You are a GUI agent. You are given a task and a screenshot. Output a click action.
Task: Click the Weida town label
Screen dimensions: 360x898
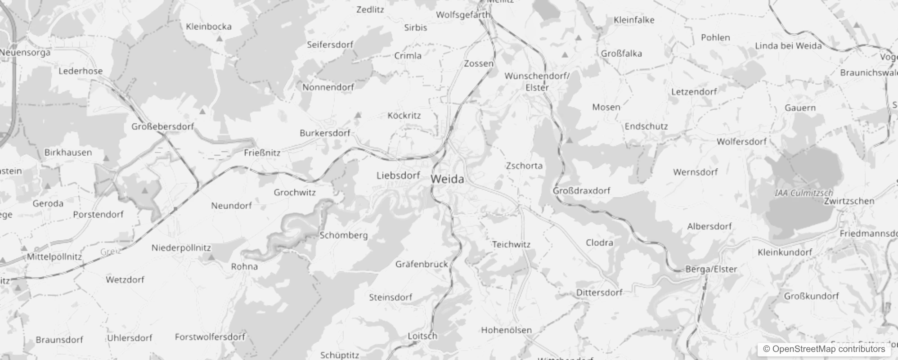tap(447, 179)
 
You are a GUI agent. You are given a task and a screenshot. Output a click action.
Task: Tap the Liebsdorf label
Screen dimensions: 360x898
tap(398, 175)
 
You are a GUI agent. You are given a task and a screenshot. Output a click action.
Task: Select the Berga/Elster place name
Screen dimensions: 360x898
tap(711, 269)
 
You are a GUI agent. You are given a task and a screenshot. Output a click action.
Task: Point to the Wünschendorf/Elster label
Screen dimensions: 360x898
tap(537, 81)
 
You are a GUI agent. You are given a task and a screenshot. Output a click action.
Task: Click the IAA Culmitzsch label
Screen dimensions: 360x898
tap(804, 193)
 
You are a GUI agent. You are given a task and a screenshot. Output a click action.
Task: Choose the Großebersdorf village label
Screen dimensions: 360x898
tap(162, 126)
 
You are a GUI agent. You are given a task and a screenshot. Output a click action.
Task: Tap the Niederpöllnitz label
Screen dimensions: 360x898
tap(181, 248)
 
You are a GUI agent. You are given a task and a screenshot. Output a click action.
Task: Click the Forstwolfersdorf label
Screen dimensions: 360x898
tap(210, 337)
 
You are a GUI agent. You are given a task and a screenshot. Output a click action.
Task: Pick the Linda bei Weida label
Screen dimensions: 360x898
tap(788, 46)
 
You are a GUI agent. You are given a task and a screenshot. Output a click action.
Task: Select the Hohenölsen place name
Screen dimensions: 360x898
tap(506, 330)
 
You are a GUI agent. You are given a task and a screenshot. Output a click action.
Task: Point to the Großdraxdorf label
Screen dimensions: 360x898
tap(581, 191)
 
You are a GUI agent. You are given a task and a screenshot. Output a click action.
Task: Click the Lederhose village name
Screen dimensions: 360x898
tap(81, 71)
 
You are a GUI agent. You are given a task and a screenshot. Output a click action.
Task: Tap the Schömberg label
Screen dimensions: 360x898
tap(343, 235)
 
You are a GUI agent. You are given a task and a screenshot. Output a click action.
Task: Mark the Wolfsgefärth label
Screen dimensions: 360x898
tap(462, 15)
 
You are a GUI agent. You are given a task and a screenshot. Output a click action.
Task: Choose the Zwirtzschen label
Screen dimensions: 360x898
tap(849, 201)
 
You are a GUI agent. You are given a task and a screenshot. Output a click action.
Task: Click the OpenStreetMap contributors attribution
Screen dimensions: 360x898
tap(824, 349)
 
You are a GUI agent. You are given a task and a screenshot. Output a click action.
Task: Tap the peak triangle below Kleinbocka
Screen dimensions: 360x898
tap(220, 39)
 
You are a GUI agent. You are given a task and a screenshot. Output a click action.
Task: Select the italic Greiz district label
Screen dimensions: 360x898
tap(110, 252)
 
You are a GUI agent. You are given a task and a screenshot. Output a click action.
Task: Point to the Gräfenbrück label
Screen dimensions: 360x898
tap(421, 264)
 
